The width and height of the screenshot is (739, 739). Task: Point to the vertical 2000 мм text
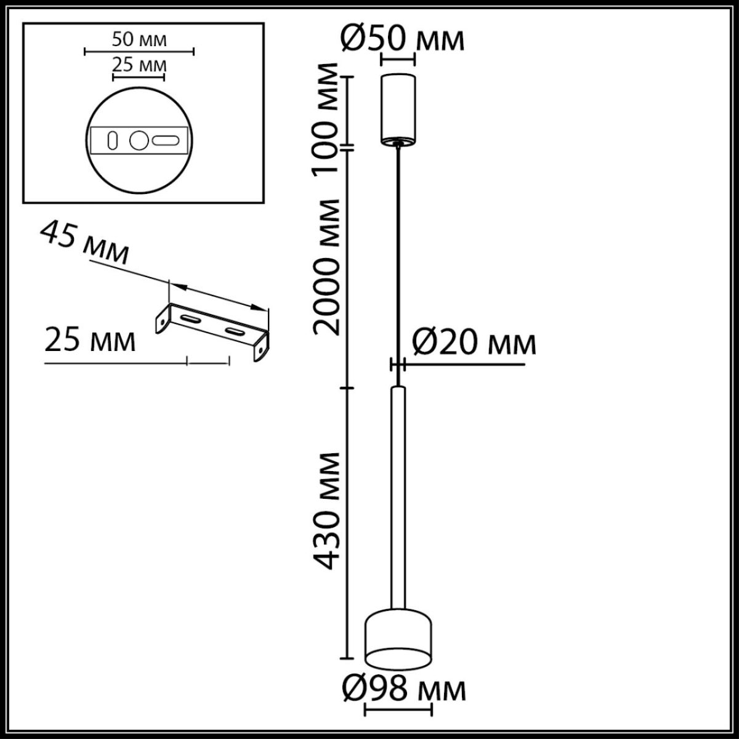pyautogui.click(x=326, y=267)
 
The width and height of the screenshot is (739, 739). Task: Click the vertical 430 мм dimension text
pyautogui.click(x=326, y=510)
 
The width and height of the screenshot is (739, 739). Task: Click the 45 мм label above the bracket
pyautogui.click(x=84, y=244)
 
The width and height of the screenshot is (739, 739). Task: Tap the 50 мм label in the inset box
pyautogui.click(x=140, y=40)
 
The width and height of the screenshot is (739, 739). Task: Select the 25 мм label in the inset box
pyautogui.click(x=140, y=64)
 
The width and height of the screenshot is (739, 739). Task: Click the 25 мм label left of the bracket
pyautogui.click(x=90, y=340)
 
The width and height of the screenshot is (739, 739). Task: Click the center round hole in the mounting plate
pyautogui.click(x=139, y=140)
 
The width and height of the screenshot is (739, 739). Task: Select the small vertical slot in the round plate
pyautogui.click(x=113, y=140)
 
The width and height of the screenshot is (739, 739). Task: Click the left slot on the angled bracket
pyautogui.click(x=190, y=320)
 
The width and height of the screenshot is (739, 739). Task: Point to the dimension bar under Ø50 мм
pyautogui.click(x=398, y=60)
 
